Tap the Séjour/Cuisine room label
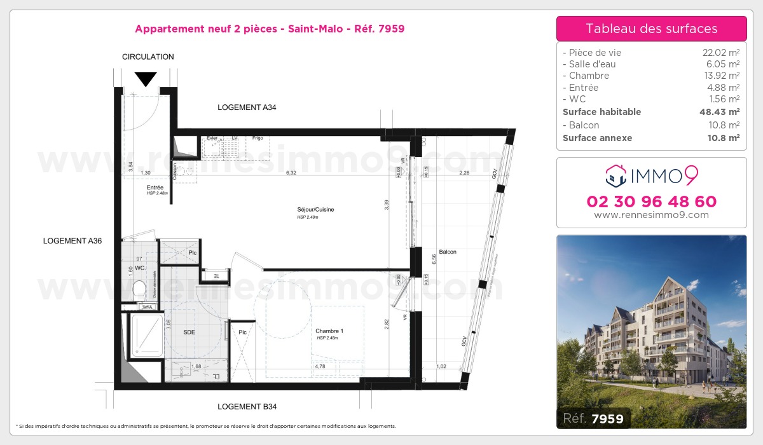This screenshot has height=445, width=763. [x=315, y=209]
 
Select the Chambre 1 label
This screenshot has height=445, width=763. [x=329, y=331]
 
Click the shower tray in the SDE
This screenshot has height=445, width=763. [x=146, y=334]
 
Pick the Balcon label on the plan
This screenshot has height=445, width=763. [x=448, y=252]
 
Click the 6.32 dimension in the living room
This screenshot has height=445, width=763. [x=291, y=173]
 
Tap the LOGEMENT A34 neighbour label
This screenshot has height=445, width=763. [x=247, y=107]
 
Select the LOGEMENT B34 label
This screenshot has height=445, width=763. [x=247, y=406]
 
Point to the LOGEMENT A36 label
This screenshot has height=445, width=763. [x=72, y=241]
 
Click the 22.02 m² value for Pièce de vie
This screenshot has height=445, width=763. [x=717, y=53]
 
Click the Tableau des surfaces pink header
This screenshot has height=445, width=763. [x=651, y=29]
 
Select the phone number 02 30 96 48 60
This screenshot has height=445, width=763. [x=651, y=202]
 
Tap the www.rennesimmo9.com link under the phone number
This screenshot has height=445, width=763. [x=651, y=215]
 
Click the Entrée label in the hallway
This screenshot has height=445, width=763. [x=155, y=188]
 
